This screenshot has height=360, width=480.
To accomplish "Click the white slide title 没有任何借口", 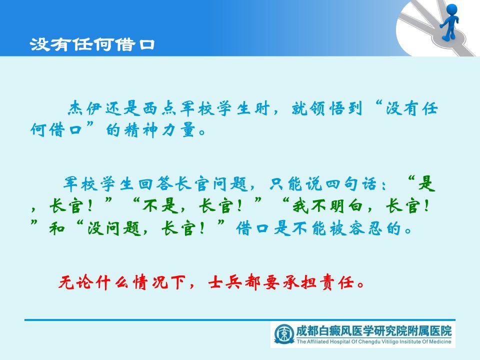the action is [92, 44].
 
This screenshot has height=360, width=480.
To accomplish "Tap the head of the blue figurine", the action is [452, 9].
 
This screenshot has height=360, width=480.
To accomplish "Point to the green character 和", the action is [57, 228].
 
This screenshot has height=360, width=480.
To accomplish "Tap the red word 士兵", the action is [224, 282].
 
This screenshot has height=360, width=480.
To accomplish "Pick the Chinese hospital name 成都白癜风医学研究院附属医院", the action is [374, 331].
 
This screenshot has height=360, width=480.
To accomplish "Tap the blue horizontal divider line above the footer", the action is [239, 320].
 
